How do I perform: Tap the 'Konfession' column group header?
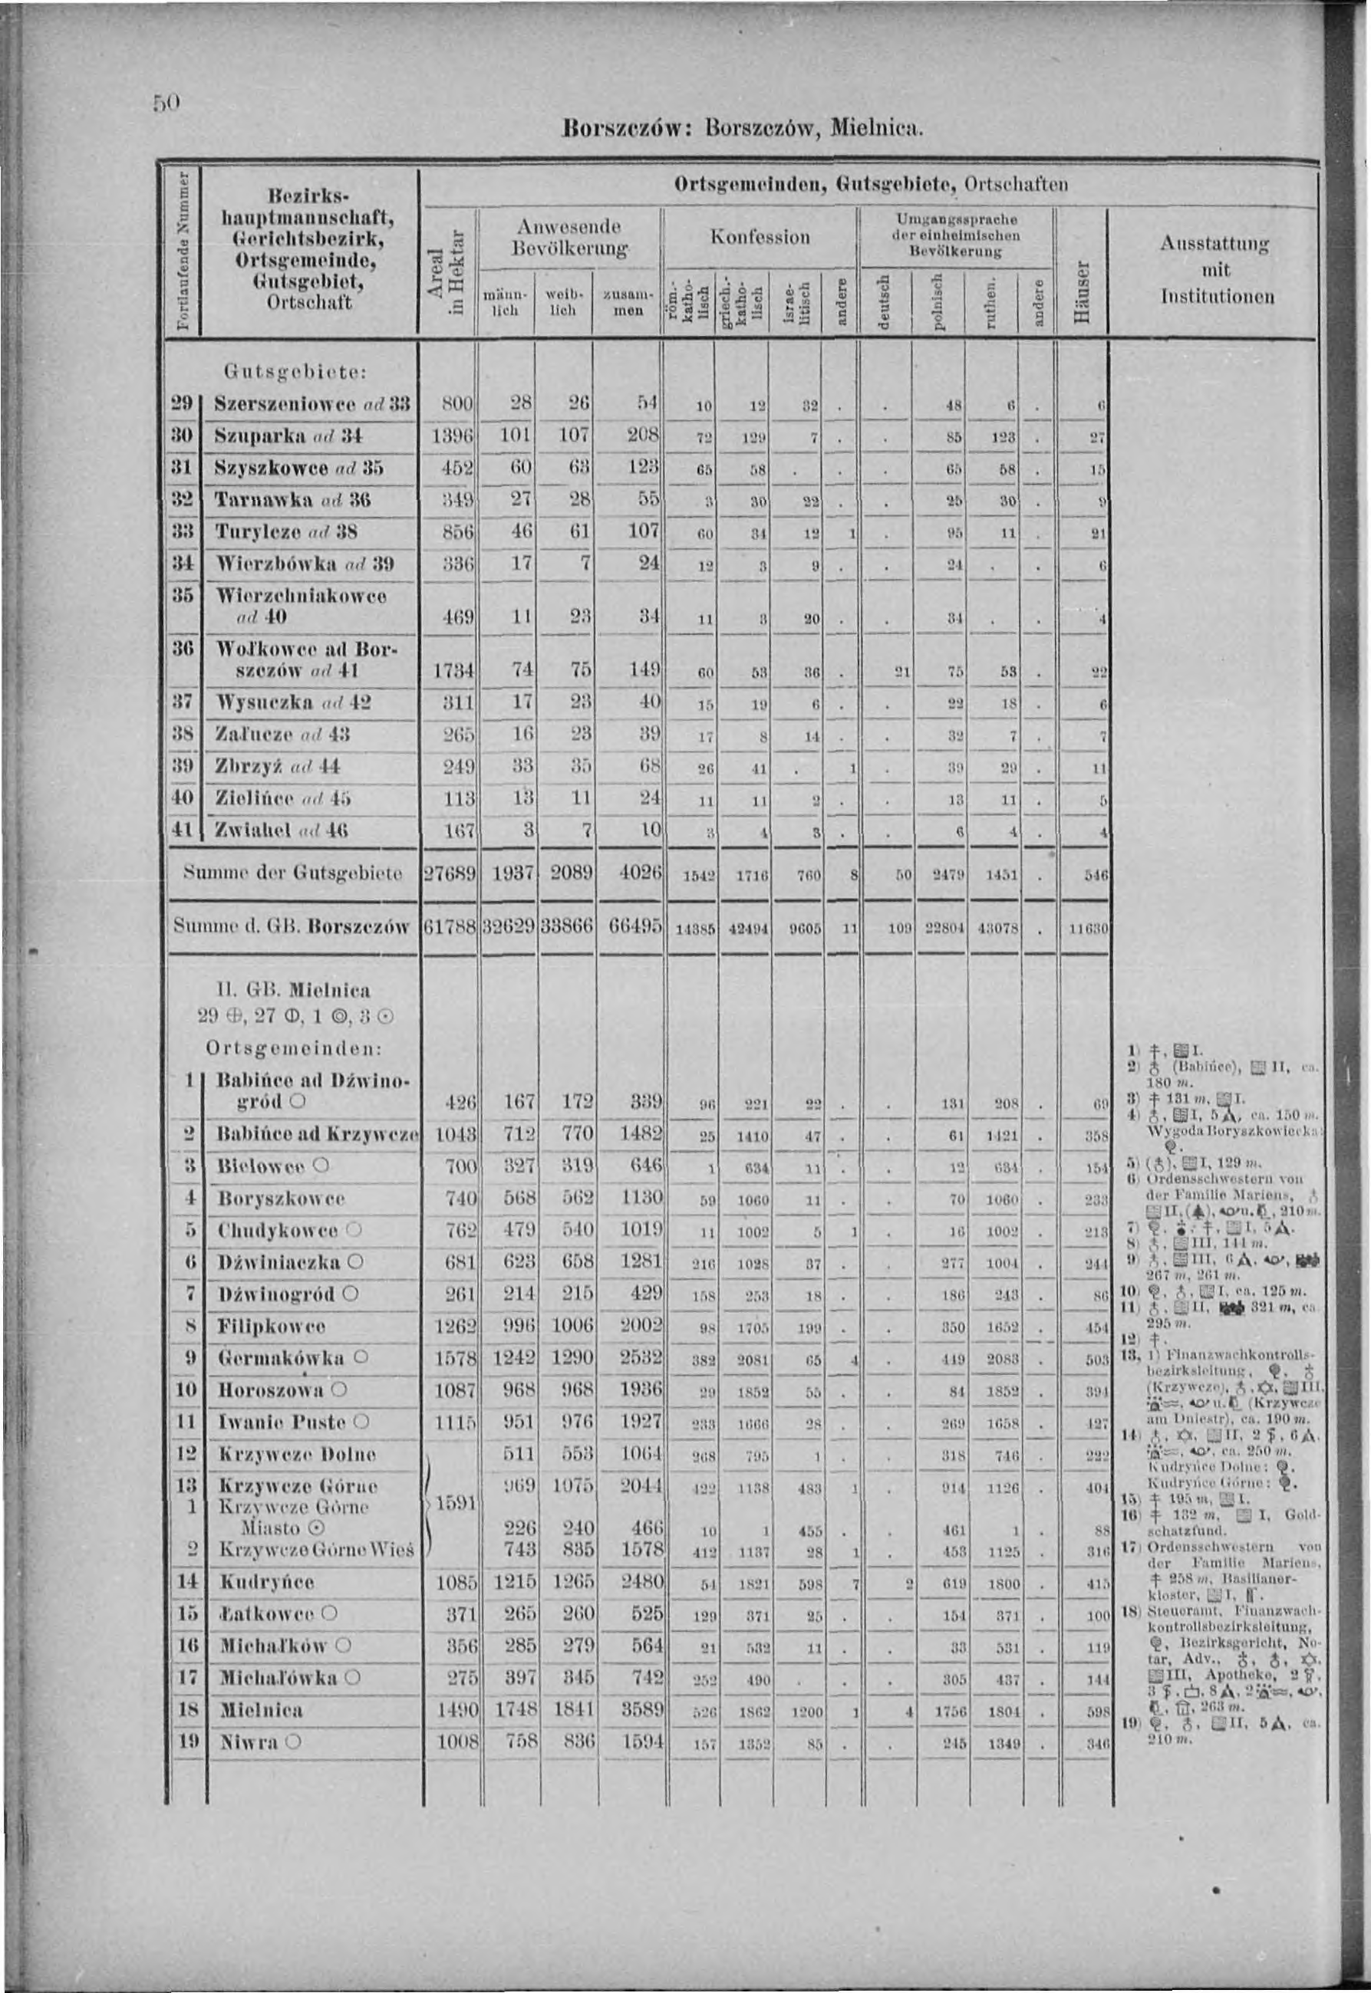pyautogui.click(x=760, y=236)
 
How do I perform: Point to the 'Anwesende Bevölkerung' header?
pyautogui.click(x=569, y=236)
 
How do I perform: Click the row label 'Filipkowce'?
pyautogui.click(x=272, y=1327)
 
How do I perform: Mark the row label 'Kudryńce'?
pyautogui.click(x=266, y=1582)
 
